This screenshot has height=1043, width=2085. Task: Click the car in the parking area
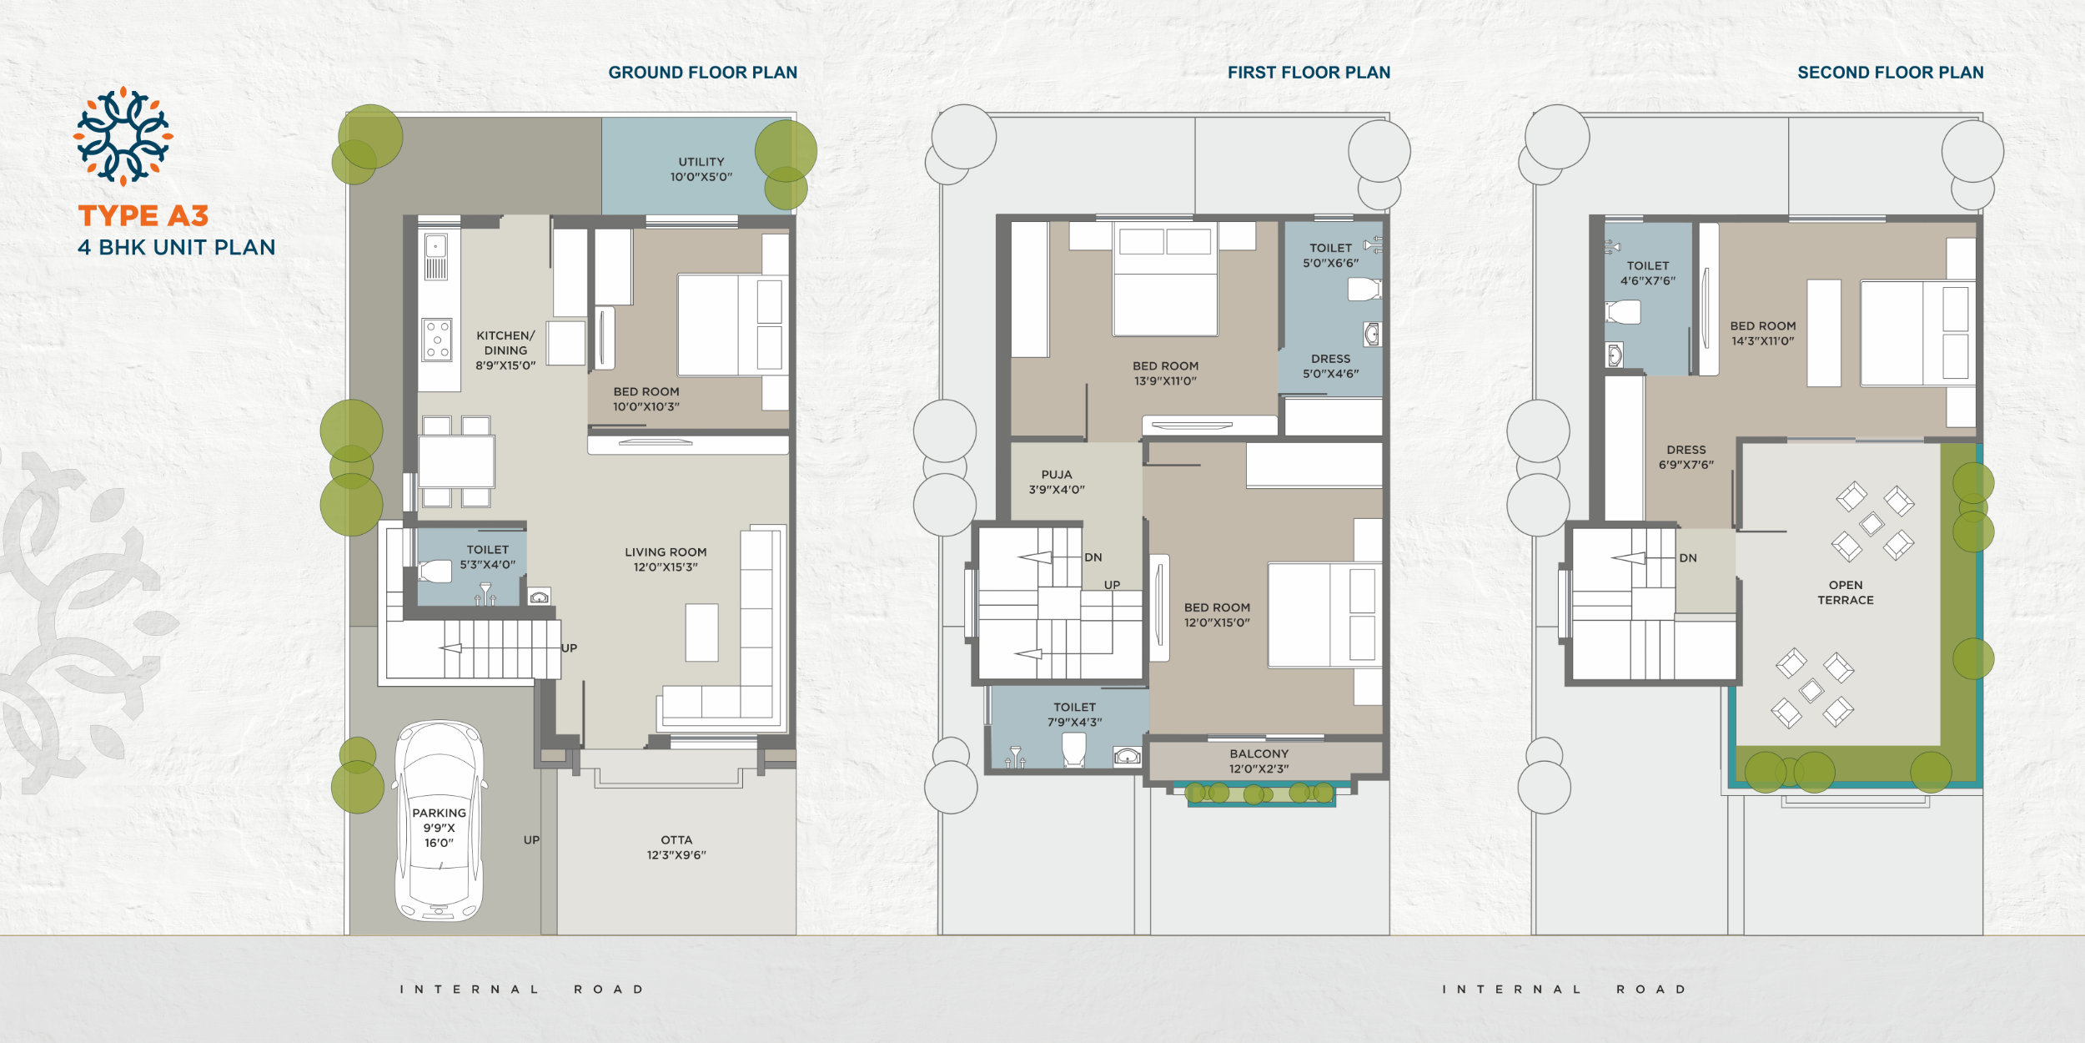coord(440,821)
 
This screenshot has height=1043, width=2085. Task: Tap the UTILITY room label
coord(701,162)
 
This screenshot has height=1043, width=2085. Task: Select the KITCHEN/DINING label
coord(505,343)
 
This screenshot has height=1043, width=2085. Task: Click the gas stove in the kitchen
coord(436,340)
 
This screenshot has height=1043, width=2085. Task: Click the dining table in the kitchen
coord(456,461)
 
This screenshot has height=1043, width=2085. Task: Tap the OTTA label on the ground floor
coord(676,839)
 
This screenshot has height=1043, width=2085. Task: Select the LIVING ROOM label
coord(666,552)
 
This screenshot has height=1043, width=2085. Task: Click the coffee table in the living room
coord(701,632)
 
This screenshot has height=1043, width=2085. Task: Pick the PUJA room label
coord(1057,474)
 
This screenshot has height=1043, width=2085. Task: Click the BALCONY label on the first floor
coord(1259,753)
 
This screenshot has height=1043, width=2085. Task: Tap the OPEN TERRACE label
coord(1846,592)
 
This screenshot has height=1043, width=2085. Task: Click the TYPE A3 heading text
coord(143,216)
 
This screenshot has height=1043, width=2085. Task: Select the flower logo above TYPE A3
coord(123,136)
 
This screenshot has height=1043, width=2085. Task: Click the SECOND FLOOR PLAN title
coord(1891,73)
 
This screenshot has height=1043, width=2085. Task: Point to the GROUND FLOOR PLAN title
coord(703,73)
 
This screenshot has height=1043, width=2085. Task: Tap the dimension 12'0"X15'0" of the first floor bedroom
coord(1217,622)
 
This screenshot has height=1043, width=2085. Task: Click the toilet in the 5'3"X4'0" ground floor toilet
coord(435,571)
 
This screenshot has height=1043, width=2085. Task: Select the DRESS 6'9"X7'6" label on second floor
coord(1686,456)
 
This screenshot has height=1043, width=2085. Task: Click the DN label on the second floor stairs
coord(1688,557)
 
